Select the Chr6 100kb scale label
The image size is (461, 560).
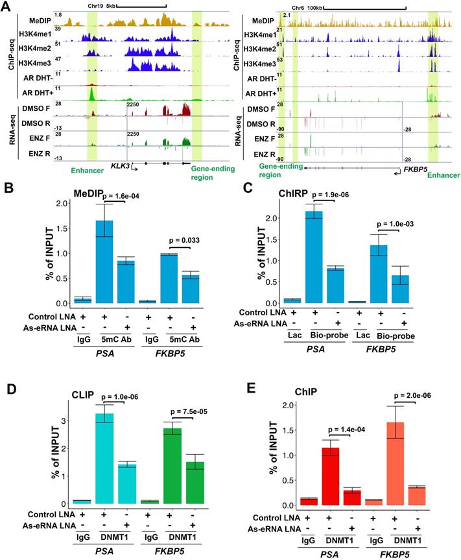(307, 7)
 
